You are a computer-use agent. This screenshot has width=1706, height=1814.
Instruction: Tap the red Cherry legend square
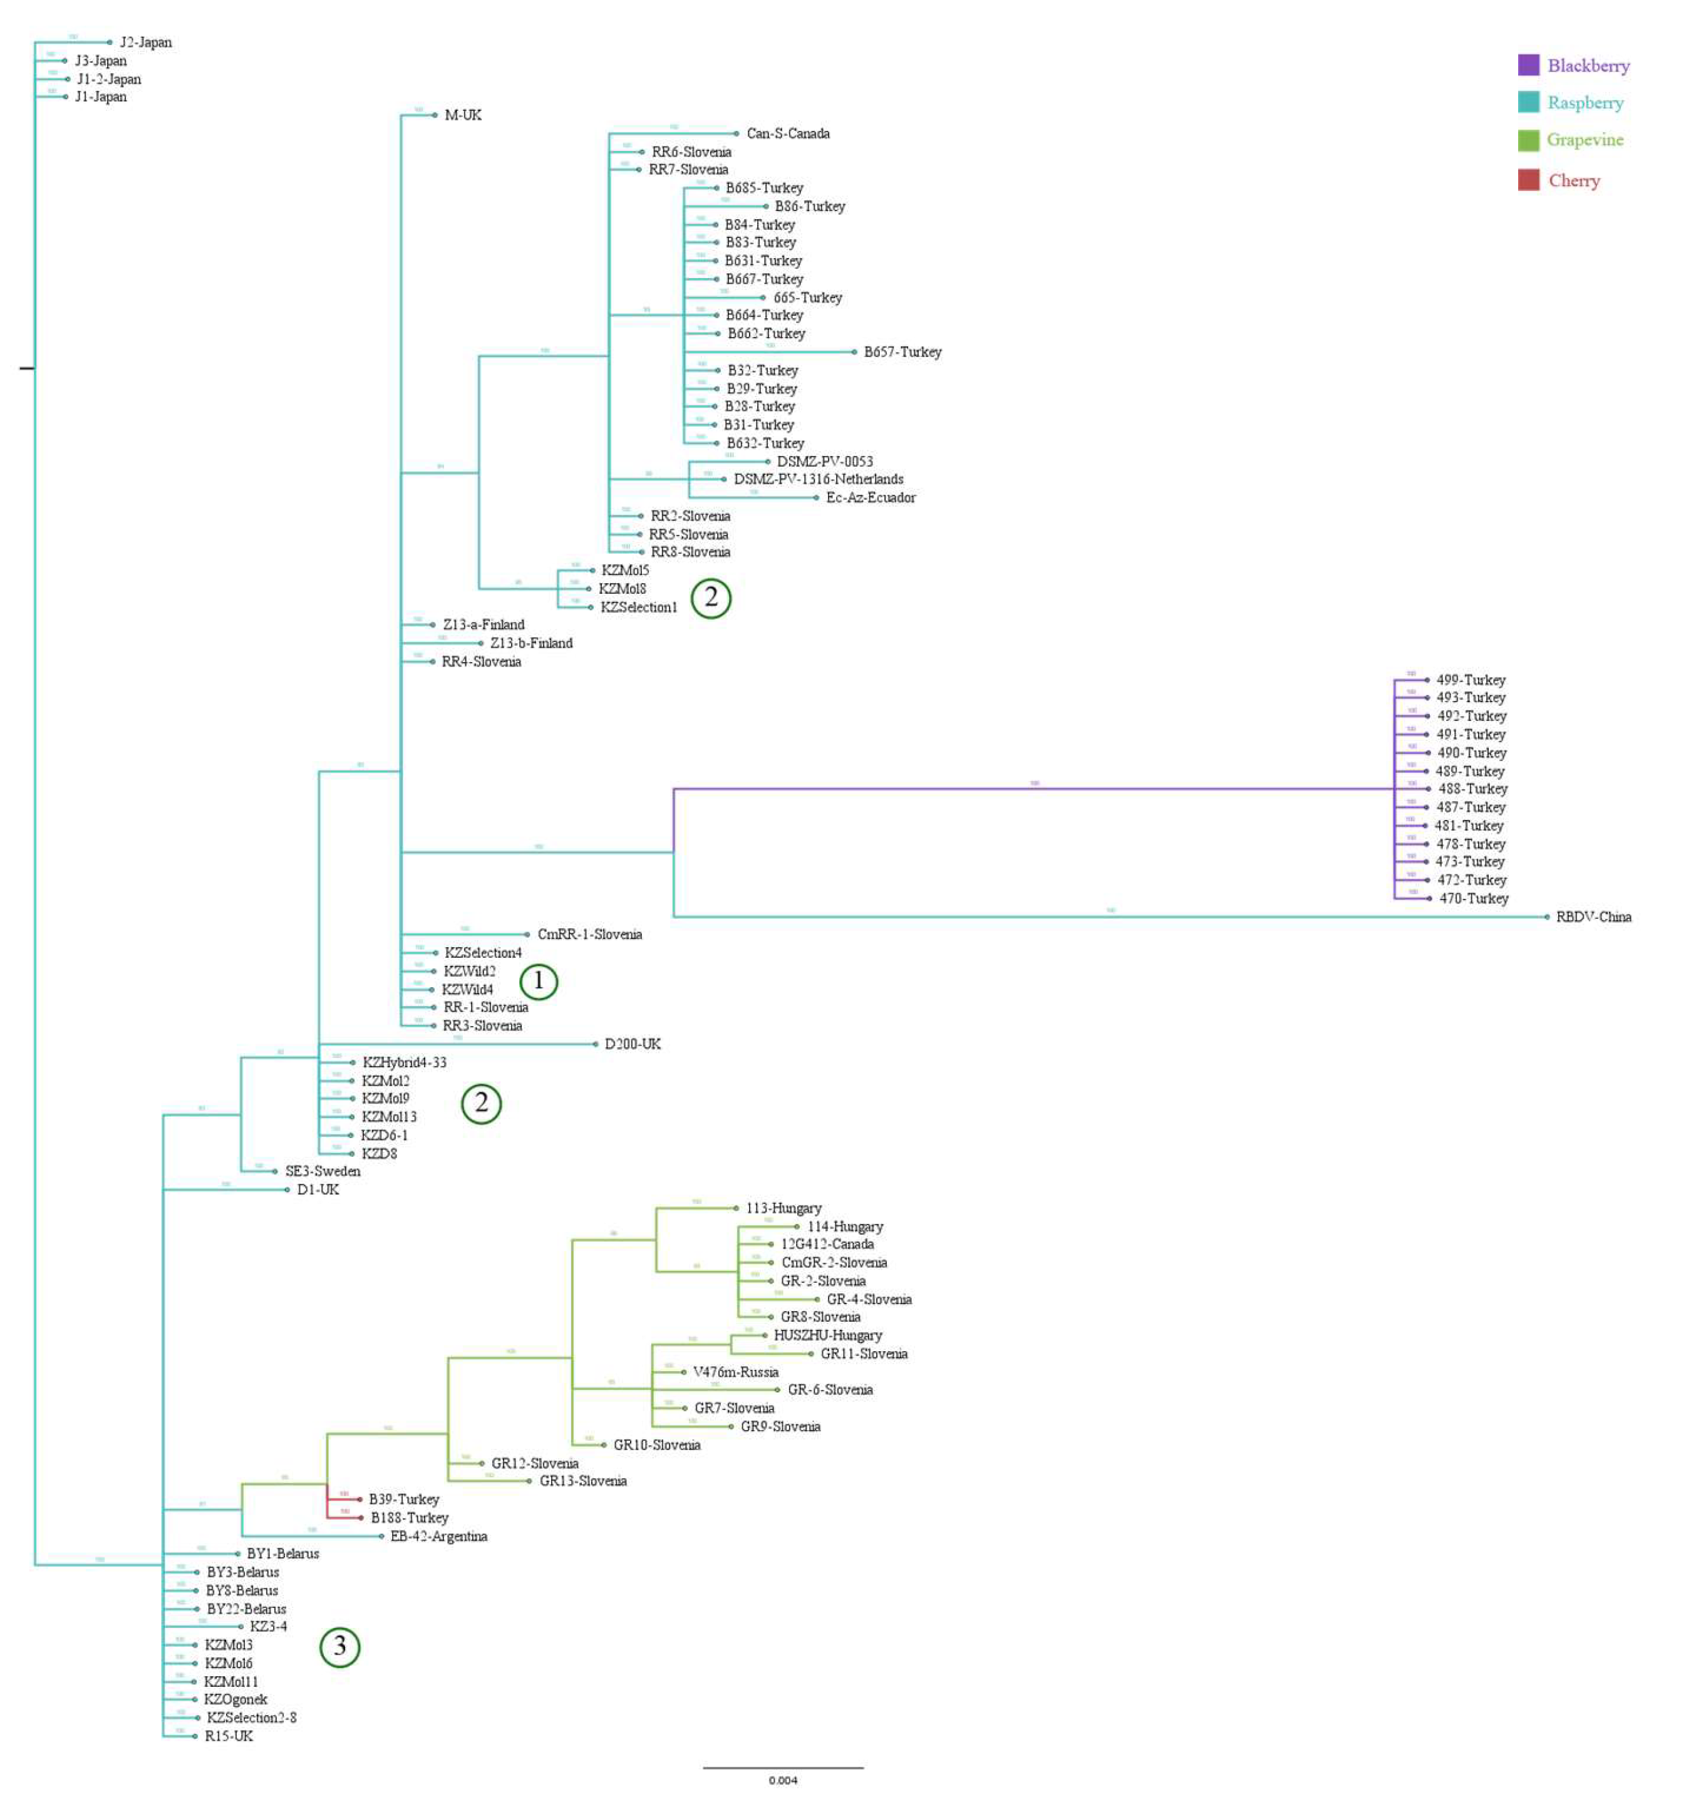click(x=1528, y=180)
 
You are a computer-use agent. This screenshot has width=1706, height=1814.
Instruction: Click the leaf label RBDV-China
click(x=1593, y=917)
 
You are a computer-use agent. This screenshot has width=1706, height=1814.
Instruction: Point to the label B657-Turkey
click(x=902, y=352)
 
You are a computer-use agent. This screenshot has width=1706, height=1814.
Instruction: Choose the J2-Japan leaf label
click(x=146, y=42)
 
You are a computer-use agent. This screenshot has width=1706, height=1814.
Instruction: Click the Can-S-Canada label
click(x=788, y=133)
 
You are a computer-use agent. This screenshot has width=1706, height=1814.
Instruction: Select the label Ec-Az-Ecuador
click(x=871, y=497)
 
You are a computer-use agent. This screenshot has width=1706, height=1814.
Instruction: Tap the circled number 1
click(x=538, y=981)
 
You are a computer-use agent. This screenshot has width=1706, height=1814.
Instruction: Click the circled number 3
click(x=339, y=1647)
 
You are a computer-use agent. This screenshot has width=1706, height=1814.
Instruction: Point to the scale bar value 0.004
click(x=783, y=1780)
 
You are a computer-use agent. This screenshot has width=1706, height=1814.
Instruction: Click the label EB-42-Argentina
click(x=439, y=1537)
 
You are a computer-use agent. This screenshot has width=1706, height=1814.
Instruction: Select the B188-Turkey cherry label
click(x=410, y=1518)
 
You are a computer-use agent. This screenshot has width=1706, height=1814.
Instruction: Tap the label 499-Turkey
click(x=1471, y=680)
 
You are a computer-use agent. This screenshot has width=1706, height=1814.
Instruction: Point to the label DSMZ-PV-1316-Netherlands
click(x=819, y=479)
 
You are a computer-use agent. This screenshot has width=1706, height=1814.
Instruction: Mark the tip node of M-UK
click(x=434, y=115)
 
